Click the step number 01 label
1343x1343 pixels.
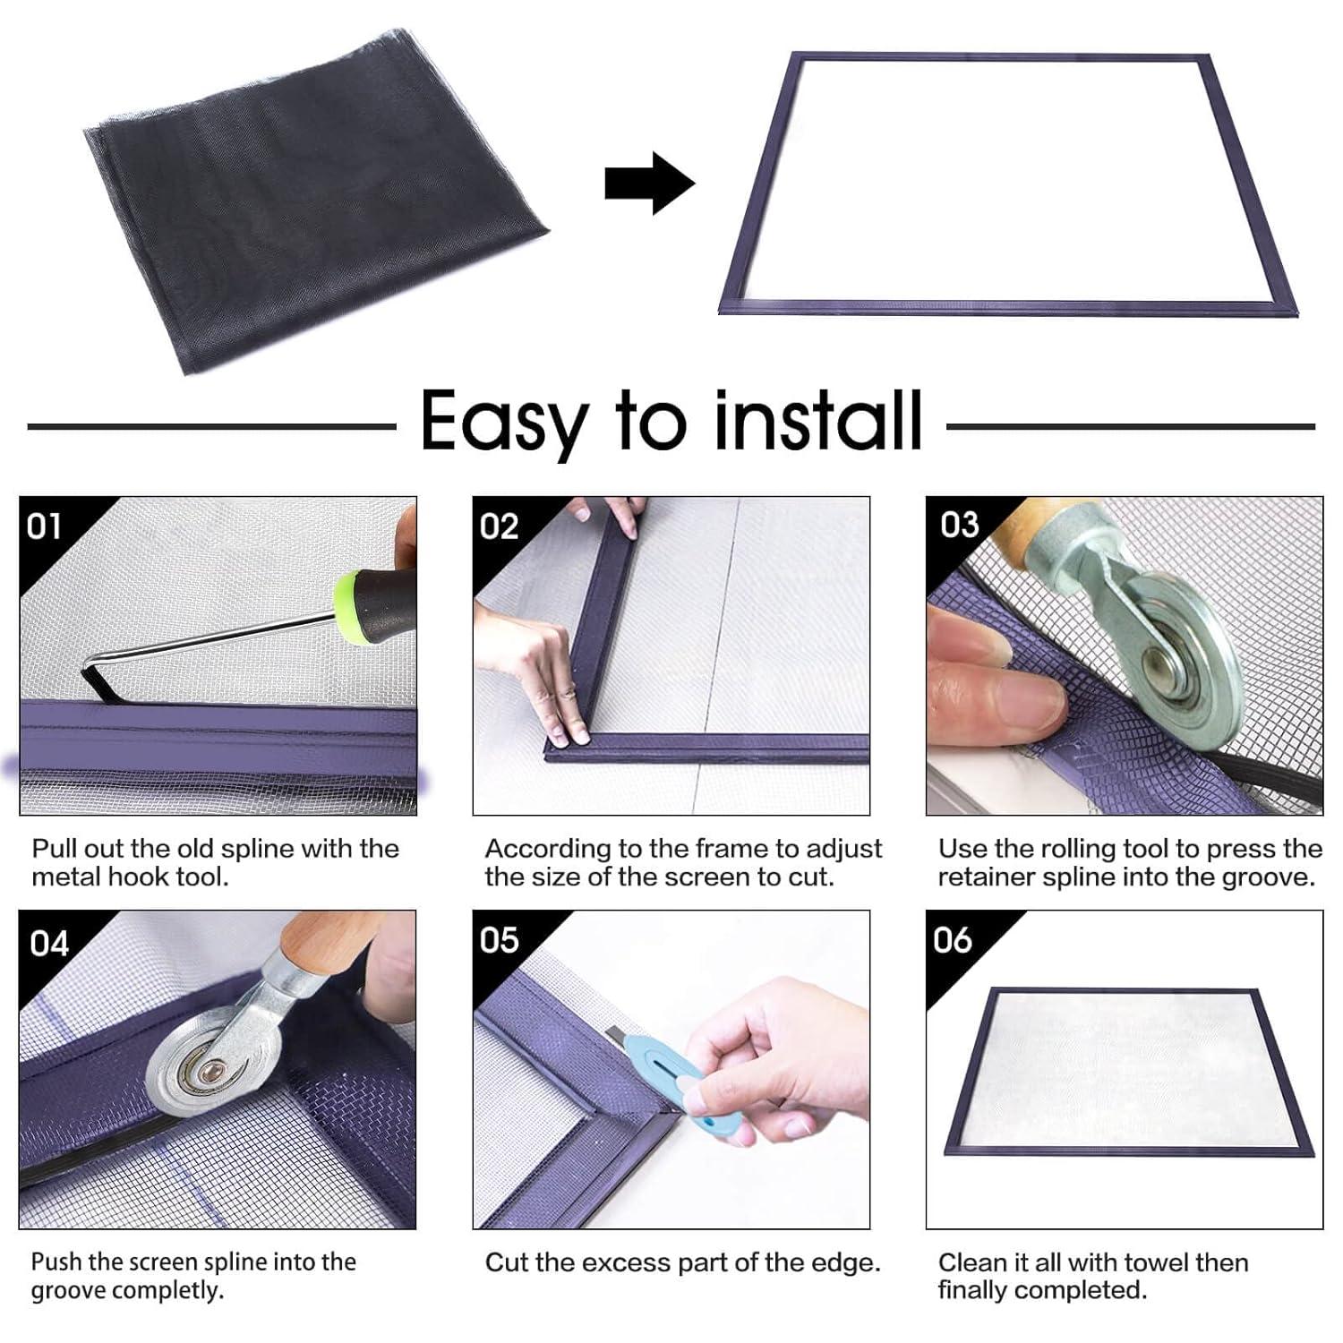point(44,526)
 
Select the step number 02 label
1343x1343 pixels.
point(499,526)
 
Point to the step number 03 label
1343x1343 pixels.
point(959,525)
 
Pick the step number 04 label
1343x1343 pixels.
point(48,944)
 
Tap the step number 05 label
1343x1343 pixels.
point(499,940)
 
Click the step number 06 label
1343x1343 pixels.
point(952,940)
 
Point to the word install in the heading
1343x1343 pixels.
point(817,421)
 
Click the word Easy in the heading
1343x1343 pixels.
point(503,421)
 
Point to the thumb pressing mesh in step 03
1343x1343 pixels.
point(985,689)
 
